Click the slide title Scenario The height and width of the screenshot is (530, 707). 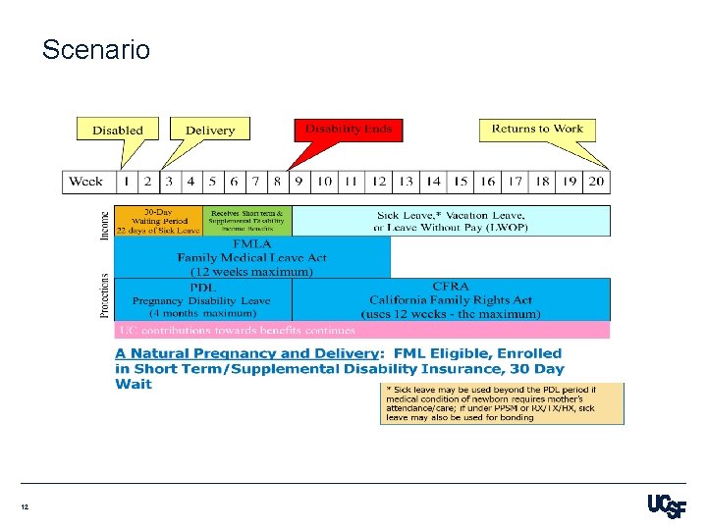point(96,49)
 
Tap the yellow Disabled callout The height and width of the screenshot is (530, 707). point(118,130)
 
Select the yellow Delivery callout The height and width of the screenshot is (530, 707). point(210,130)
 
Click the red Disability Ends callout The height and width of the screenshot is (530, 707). point(349,129)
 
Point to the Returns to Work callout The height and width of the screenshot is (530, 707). point(537,129)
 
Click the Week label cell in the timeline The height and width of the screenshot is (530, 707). point(86,182)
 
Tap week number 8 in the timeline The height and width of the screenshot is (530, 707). point(278,182)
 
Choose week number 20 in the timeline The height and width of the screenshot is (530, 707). point(596,182)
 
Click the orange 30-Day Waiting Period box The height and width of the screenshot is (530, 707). point(158,221)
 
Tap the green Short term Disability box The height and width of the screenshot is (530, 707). point(246,221)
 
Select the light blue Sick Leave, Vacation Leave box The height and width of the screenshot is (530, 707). point(451,221)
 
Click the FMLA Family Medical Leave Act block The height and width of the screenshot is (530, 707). point(252,257)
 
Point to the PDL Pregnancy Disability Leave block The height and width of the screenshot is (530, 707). point(202,299)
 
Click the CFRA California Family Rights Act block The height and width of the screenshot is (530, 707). point(451,299)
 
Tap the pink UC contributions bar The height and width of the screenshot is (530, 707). point(361,330)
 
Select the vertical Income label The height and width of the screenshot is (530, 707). point(105,221)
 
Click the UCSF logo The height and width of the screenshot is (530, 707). point(666,506)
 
